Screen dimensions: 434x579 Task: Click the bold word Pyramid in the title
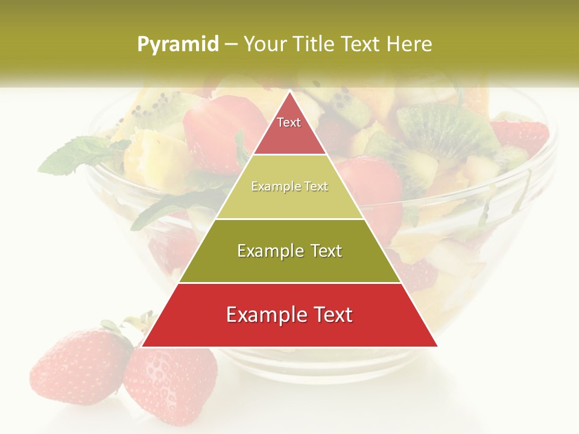pyautogui.click(x=178, y=44)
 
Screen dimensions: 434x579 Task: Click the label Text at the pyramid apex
pyautogui.click(x=289, y=122)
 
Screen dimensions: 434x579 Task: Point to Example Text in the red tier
pyautogui.click(x=289, y=315)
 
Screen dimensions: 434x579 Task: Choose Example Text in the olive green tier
pyautogui.click(x=289, y=251)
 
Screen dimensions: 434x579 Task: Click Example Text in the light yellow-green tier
pyautogui.click(x=289, y=186)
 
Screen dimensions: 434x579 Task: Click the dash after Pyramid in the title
pyautogui.click(x=230, y=44)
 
